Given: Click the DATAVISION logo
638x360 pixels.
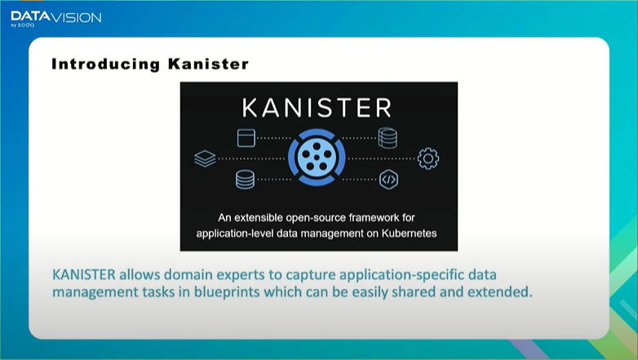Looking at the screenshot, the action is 56,19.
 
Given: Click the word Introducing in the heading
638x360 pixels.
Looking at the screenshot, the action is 106,64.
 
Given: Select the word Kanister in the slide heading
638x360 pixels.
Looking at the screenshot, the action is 208,64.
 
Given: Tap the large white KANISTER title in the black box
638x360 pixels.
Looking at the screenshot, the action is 317,108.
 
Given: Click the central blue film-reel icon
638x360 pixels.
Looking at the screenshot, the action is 317,158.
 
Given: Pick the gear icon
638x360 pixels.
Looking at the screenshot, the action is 428,158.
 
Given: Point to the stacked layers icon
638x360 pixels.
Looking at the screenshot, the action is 205,158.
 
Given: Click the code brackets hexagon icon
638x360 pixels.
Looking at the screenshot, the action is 388,180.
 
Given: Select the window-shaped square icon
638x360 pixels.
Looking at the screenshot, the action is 246,138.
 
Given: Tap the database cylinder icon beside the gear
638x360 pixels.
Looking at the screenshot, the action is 388,138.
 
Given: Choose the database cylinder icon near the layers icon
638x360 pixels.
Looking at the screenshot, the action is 245,180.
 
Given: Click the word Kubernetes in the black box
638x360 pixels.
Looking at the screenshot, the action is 409,233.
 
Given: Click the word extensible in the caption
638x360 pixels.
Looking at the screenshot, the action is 259,218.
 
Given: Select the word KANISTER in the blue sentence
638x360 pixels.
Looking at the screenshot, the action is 84,274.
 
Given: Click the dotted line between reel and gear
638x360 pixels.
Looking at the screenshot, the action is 381,158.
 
